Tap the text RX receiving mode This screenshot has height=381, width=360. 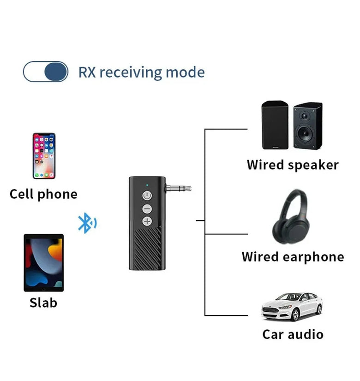tap(141, 73)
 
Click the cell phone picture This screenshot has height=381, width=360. tap(44, 156)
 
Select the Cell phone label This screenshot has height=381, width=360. tap(43, 194)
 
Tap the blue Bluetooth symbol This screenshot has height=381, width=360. tap(86, 223)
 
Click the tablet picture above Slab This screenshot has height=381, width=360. tap(44, 262)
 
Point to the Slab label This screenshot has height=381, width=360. tap(43, 302)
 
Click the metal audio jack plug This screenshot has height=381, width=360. tap(178, 188)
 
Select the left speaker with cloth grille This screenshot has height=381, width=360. tap(275, 126)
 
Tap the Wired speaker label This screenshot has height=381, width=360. tap(293, 165)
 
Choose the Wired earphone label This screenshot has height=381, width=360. tap(293, 257)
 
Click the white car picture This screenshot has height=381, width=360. tap(292, 306)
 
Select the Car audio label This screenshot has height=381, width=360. tap(293, 334)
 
